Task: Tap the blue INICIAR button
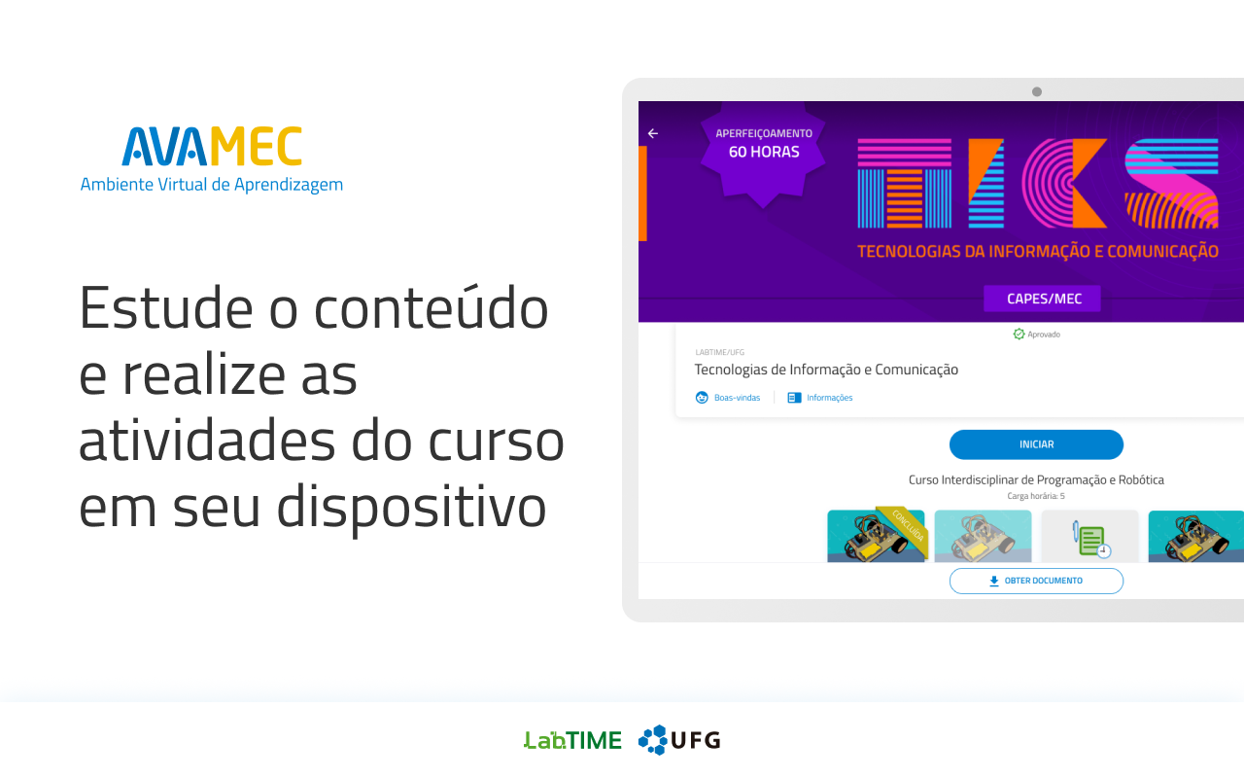click(x=1036, y=444)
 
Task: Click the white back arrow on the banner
click(x=653, y=133)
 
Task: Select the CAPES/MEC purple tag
click(x=1042, y=299)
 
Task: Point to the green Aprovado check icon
click(x=1019, y=334)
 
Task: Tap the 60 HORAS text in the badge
click(x=764, y=152)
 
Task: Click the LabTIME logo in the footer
click(x=572, y=740)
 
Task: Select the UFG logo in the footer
click(x=679, y=740)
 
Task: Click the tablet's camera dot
click(x=1036, y=91)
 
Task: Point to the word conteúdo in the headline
click(x=431, y=307)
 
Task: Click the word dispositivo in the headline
click(x=411, y=507)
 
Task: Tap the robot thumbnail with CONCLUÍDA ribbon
click(x=876, y=536)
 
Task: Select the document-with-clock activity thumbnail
click(x=1089, y=536)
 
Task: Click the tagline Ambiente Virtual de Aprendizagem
click(x=212, y=185)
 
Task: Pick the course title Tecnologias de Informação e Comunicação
click(x=826, y=370)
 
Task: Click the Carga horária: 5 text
click(x=1036, y=496)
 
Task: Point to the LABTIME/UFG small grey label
click(x=720, y=352)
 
